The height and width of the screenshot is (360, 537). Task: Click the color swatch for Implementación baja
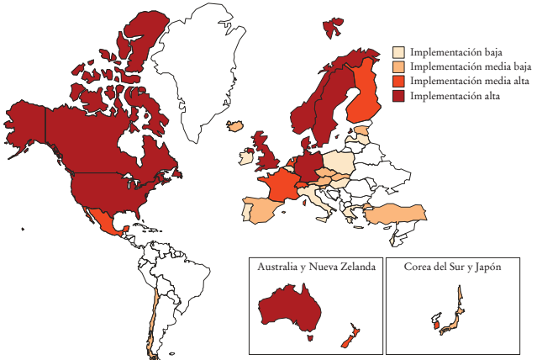[399, 52]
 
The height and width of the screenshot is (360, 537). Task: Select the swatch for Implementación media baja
[399, 66]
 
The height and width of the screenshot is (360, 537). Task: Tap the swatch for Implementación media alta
[399, 82]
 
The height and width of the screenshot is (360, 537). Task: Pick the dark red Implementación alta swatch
[399, 97]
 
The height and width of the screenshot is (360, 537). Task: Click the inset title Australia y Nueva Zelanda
[316, 267]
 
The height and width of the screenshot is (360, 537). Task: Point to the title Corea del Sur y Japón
[452, 267]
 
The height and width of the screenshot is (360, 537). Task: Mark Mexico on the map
[104, 222]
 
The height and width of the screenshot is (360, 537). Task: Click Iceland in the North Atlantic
[235, 126]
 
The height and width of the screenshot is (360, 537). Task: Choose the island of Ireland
[247, 156]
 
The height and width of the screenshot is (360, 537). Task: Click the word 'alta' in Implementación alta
[488, 97]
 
